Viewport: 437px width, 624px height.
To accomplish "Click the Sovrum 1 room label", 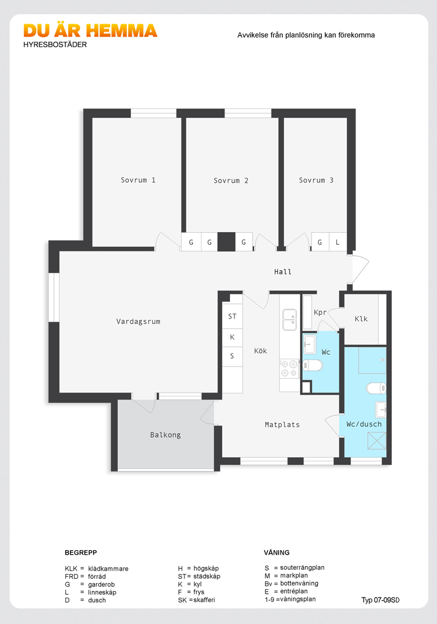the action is (138, 180).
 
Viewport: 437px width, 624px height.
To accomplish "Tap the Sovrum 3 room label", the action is (316, 180).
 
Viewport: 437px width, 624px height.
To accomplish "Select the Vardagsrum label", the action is (138, 321).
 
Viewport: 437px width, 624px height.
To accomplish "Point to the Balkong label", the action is (165, 435).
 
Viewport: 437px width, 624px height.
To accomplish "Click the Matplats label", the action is (282, 425).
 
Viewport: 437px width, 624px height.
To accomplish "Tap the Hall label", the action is (282, 272).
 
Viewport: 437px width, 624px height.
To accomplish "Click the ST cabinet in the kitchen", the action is (232, 316).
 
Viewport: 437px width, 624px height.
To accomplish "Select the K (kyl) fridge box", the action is (232, 337).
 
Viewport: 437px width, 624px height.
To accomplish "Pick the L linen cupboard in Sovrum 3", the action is (337, 242).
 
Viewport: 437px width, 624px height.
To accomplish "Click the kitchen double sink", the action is (289, 320).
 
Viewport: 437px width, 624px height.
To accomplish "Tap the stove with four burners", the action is (289, 369).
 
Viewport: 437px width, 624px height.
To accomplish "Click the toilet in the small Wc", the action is (313, 365).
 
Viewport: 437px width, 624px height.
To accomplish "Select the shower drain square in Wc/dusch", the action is (376, 441).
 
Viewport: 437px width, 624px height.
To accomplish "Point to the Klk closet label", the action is (361, 319).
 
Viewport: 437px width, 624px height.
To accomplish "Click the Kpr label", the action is (320, 313).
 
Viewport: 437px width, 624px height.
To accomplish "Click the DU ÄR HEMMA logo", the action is (90, 31).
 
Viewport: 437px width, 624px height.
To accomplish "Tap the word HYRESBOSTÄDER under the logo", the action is (55, 45).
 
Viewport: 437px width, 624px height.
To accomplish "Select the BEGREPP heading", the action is (81, 552).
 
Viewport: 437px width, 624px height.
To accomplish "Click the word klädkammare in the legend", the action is (108, 568).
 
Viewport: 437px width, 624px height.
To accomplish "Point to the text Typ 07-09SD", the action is (380, 600).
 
